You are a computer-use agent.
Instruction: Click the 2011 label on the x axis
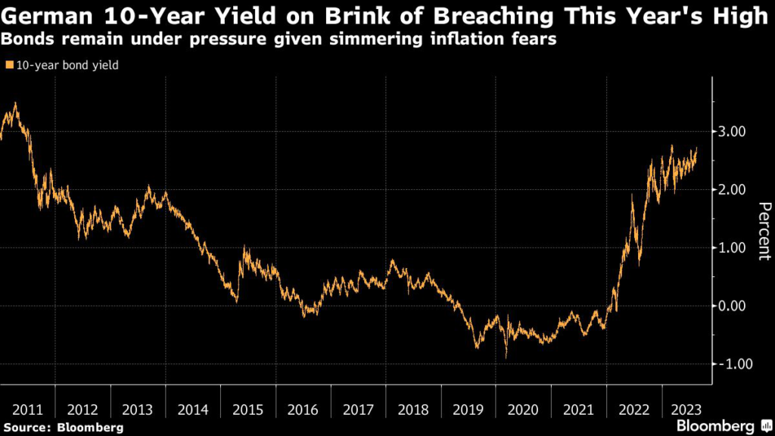click(26, 410)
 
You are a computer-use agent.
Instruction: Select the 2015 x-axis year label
click(247, 410)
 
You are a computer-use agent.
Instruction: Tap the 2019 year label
click(468, 410)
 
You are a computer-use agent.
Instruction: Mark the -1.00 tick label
click(732, 364)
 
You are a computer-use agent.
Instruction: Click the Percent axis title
click(764, 231)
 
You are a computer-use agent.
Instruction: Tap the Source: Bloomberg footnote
click(61, 427)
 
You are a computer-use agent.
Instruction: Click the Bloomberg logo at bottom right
click(719, 425)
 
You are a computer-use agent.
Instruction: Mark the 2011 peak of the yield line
click(16, 104)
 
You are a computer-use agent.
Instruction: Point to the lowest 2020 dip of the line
click(506, 357)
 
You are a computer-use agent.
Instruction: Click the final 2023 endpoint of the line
click(697, 148)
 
